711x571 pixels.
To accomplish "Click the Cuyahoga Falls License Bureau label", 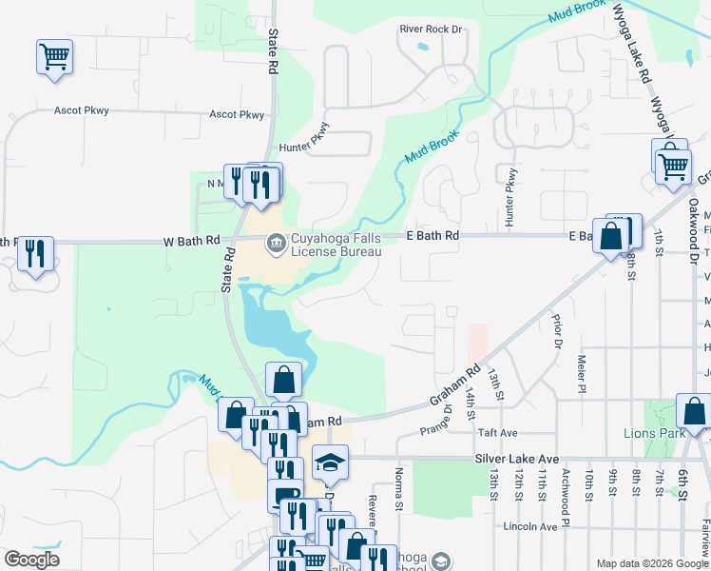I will [x=336, y=246].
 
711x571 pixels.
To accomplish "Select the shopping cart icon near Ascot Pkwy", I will [x=54, y=56].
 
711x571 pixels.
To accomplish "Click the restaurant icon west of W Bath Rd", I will [x=35, y=254].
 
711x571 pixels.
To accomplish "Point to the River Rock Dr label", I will [x=431, y=30].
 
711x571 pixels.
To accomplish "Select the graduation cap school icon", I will [x=330, y=463].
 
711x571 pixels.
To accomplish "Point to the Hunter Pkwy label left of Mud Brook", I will [x=304, y=148].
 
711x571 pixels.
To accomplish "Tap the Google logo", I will [x=31, y=560].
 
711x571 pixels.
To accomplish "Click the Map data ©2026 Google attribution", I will [x=652, y=563].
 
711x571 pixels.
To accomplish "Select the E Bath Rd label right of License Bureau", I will [x=432, y=235].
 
